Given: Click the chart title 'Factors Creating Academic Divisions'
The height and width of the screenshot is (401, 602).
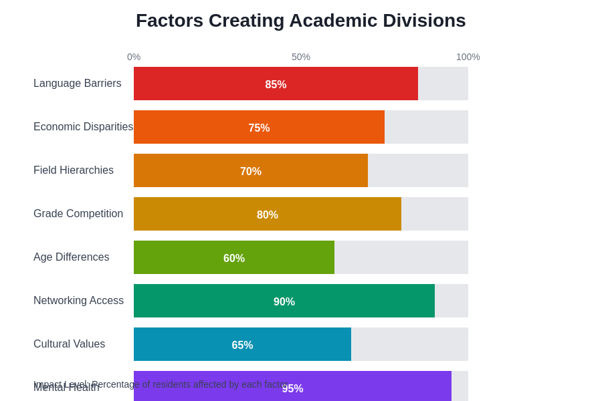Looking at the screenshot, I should click(x=300, y=21).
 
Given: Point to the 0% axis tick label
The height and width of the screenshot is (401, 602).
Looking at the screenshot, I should click(x=134, y=57).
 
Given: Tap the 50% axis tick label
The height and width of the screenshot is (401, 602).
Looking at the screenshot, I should click(x=301, y=57).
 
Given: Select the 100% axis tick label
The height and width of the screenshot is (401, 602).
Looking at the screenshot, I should click(x=468, y=57).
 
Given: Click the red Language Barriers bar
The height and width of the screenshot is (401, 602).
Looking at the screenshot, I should click(x=201, y=84).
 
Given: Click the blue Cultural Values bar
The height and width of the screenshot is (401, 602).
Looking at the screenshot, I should click(x=187, y=344).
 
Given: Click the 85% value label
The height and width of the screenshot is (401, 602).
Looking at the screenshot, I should click(x=276, y=85).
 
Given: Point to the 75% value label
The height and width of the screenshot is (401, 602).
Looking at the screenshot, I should click(x=259, y=128).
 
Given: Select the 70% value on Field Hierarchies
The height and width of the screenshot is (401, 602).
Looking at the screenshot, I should click(x=251, y=172).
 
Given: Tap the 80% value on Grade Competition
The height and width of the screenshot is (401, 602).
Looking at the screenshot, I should click(x=268, y=215).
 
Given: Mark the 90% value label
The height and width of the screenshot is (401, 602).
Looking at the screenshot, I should click(x=284, y=302).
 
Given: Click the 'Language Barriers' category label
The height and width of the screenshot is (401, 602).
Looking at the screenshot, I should click(x=78, y=84).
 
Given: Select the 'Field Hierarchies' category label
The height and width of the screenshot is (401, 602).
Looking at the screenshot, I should click(x=74, y=170).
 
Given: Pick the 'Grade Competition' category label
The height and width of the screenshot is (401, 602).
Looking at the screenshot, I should click(x=78, y=214).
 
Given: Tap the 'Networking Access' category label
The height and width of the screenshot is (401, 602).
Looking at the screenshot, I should click(x=78, y=301).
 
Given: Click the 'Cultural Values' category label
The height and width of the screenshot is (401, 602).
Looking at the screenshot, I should click(x=69, y=344).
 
